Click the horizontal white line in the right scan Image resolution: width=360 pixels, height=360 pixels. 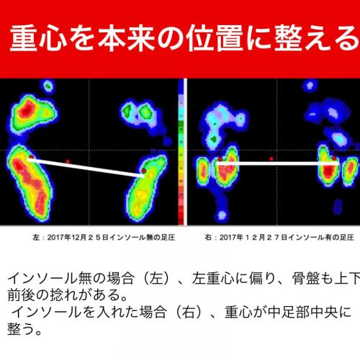(x=277, y=163)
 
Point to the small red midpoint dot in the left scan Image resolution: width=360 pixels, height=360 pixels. (x=68, y=161)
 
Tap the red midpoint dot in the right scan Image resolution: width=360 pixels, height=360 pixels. (x=271, y=158)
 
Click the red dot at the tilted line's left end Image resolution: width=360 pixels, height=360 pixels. (x=31, y=157)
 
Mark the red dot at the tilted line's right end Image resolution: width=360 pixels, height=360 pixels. (x=144, y=171)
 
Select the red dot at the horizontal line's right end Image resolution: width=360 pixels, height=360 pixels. (x=333, y=158)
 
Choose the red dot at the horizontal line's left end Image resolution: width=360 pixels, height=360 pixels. (x=220, y=158)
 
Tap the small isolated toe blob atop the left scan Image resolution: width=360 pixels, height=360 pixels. (x=49, y=87)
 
